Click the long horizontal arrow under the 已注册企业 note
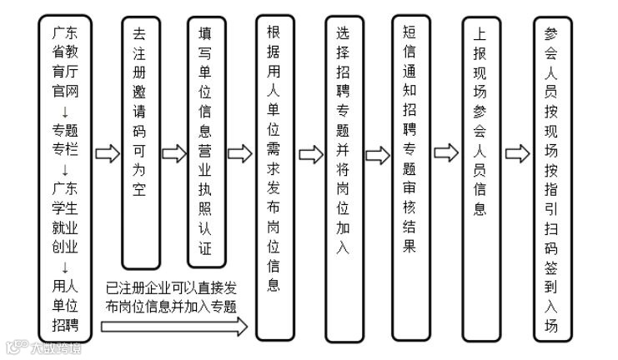(174, 327)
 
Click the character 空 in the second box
(140, 189)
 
